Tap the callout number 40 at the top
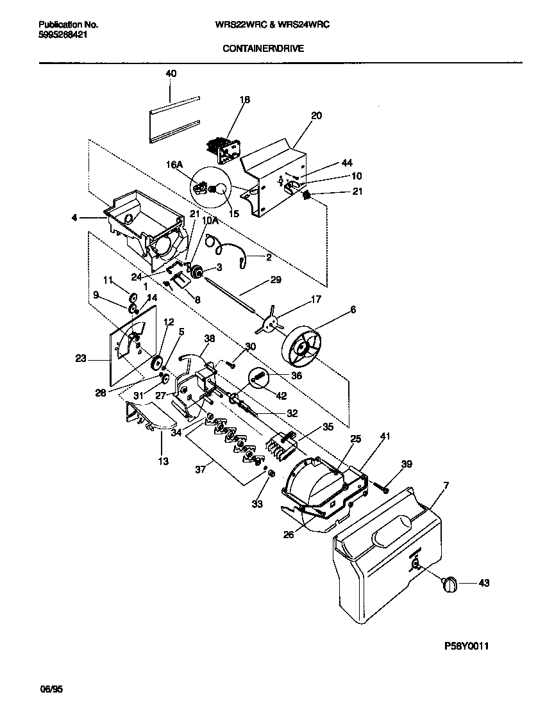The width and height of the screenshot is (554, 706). coord(171,74)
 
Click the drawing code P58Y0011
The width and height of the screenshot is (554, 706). coord(469,646)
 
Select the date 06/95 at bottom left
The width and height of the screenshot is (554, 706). coord(53,689)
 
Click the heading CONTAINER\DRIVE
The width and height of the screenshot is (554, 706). coord(264,47)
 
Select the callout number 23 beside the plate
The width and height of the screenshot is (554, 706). coord(80,359)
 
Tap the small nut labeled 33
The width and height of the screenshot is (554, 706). coord(271,473)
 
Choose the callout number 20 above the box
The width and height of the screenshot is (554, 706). coord(316,116)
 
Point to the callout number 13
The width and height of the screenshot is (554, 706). coord(164,461)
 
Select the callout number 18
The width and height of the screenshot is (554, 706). coord(244,100)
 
